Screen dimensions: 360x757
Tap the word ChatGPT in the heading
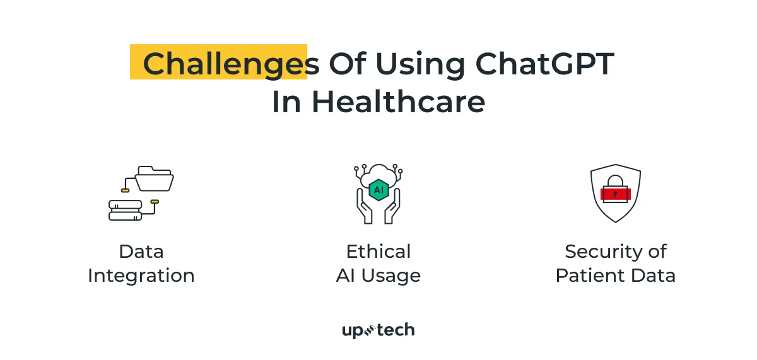(544, 64)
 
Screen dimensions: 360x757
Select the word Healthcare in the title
(398, 103)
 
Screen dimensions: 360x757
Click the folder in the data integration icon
(154, 179)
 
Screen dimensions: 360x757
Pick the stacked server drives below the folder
(125, 210)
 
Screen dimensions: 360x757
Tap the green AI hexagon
(378, 189)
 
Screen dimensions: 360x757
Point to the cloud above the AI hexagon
(378, 175)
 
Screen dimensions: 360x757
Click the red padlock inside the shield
(616, 192)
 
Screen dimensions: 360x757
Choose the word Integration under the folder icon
(141, 276)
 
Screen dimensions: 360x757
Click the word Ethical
(378, 252)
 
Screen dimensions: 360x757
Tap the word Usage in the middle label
(396, 276)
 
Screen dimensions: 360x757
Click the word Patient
(587, 276)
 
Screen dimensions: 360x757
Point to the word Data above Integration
(141, 252)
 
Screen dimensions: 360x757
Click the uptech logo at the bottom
(378, 330)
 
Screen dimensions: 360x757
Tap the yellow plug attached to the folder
(126, 190)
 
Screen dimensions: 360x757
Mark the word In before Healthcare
(286, 103)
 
